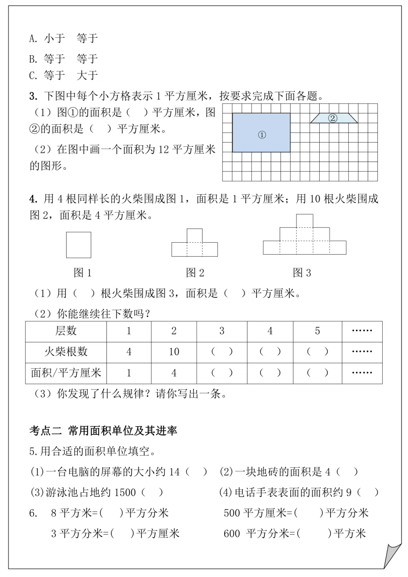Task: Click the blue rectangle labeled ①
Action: point(261,133)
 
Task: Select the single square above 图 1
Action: point(79,245)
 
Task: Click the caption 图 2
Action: point(195,273)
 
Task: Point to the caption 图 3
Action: point(302,273)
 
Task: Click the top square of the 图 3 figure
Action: point(304,221)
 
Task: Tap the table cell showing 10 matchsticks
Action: point(174,352)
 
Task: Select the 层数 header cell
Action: point(66,331)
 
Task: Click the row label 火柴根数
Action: point(66,352)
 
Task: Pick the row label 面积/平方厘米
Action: point(66,373)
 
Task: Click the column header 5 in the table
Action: point(317,331)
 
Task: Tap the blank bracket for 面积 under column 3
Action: point(222,373)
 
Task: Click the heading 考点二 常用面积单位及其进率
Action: point(103,431)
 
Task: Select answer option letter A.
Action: point(33,39)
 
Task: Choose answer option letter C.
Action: point(33,76)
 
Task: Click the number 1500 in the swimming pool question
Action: point(125,492)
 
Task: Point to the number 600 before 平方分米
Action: point(232,534)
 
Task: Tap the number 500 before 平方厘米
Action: point(232,513)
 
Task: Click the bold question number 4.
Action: point(33,199)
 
